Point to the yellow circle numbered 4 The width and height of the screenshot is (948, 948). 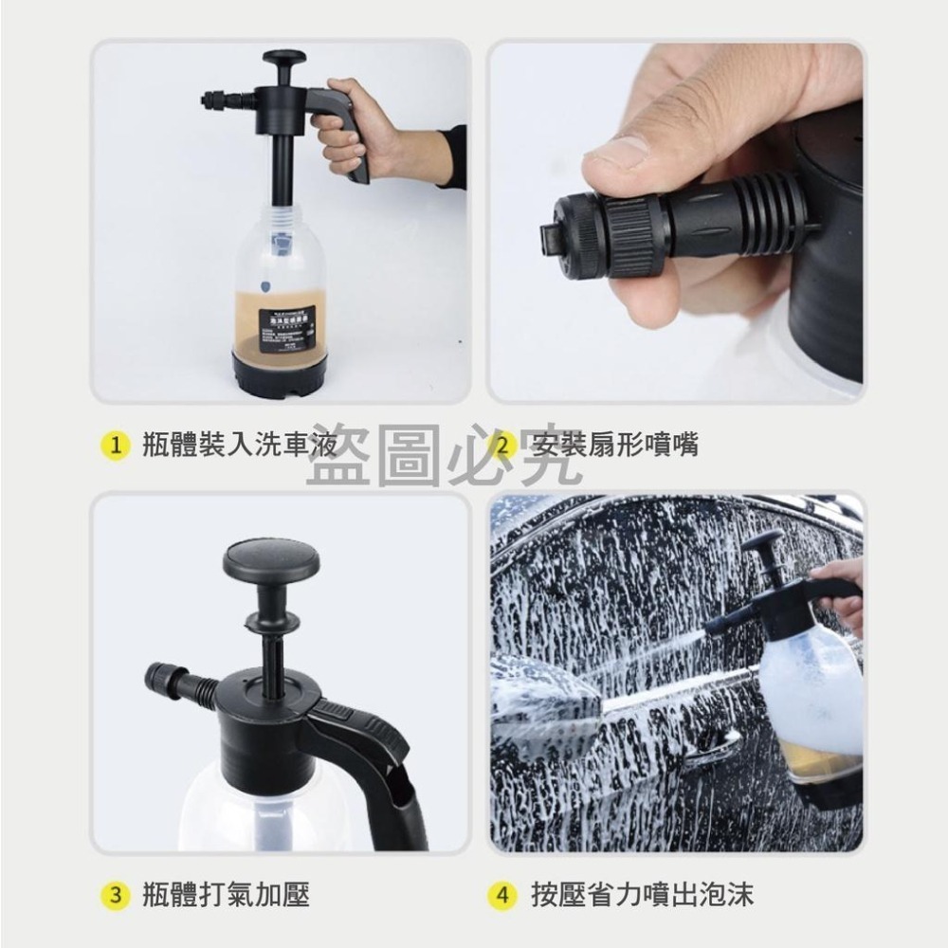503,894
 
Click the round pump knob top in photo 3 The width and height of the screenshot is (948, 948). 271,559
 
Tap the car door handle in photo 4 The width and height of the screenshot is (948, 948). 716,749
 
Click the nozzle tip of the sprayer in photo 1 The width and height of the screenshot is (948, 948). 209,99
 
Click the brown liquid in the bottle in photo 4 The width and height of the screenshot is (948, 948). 815,758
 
